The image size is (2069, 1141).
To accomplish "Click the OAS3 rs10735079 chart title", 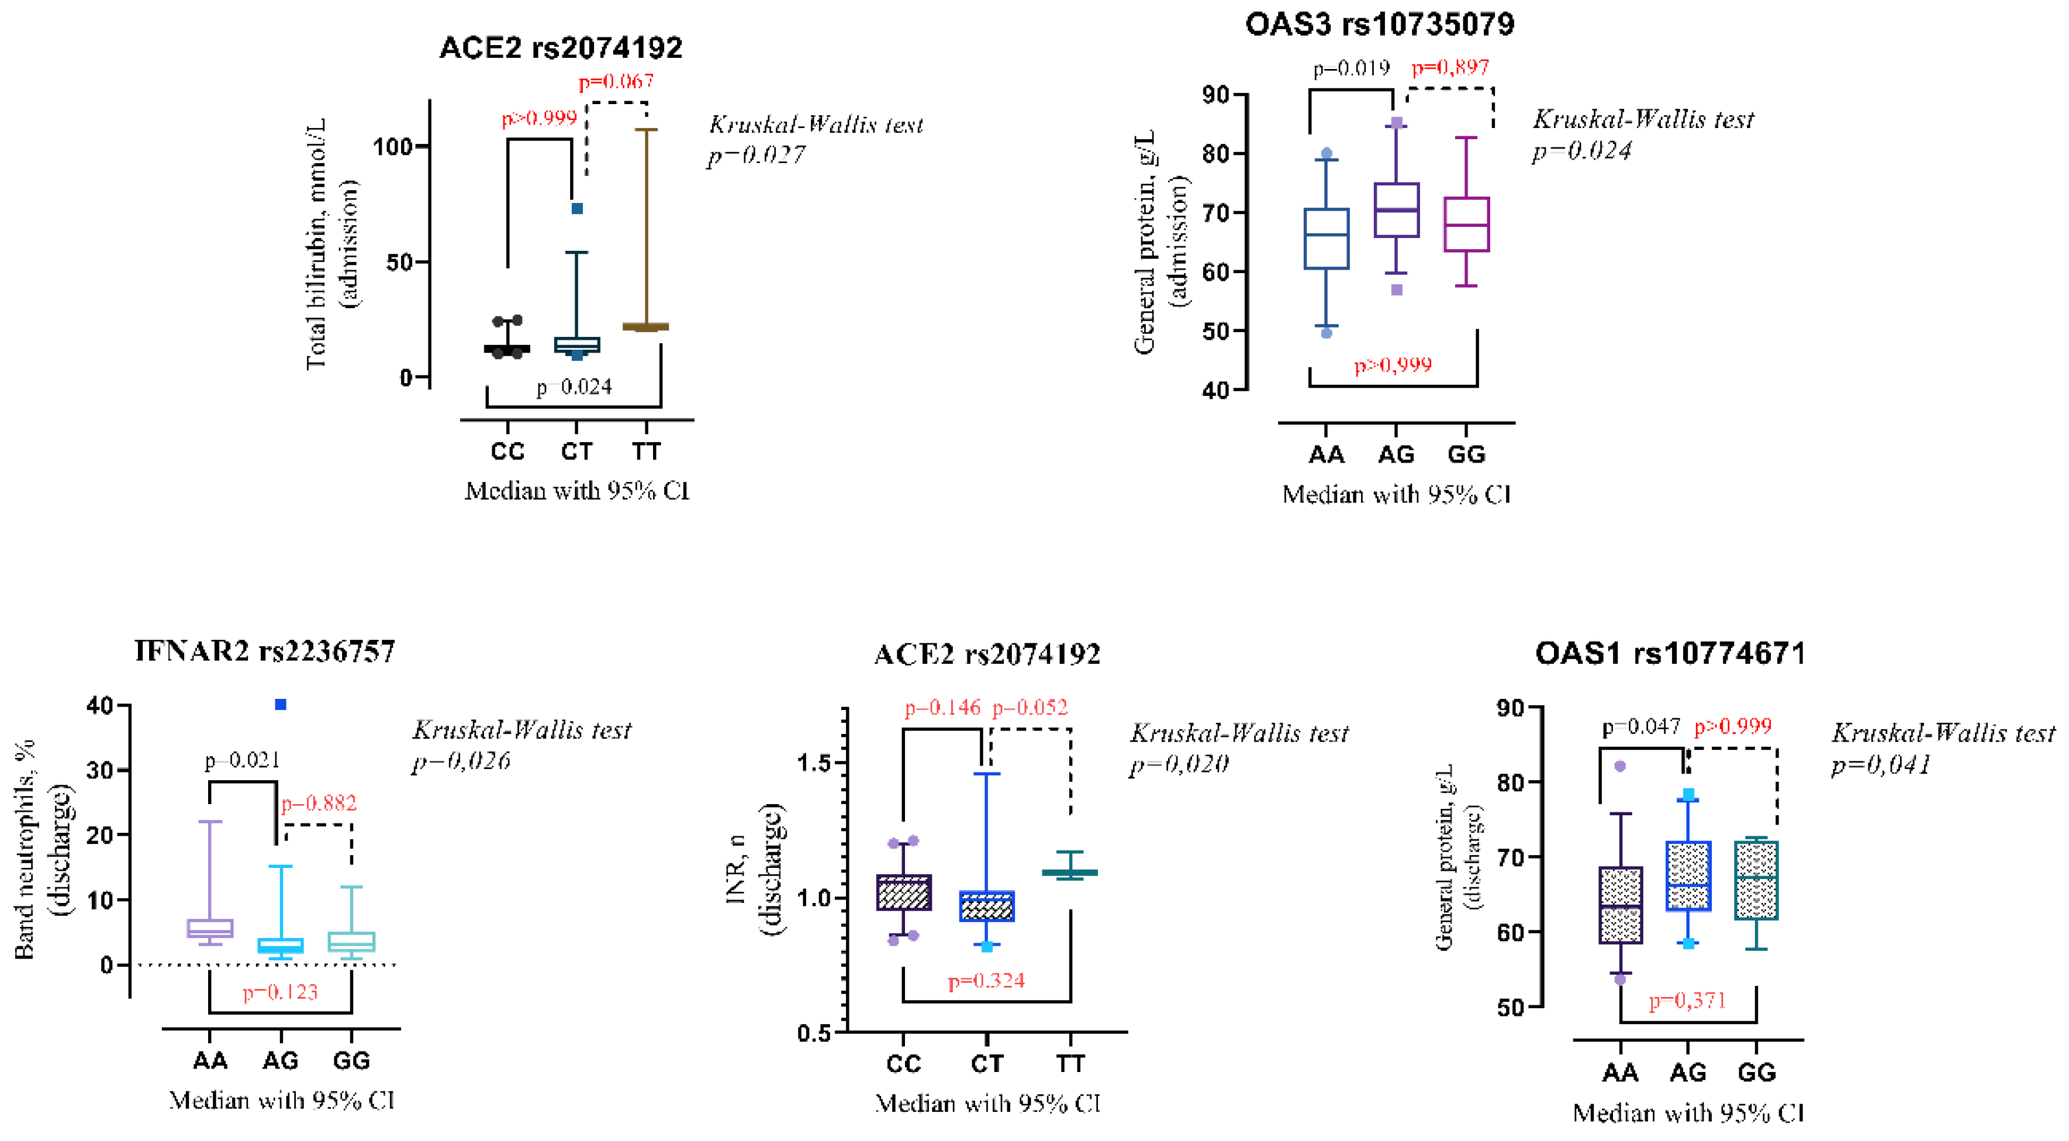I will click(x=1379, y=24).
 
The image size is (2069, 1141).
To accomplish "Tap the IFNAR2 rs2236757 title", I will click(x=264, y=651).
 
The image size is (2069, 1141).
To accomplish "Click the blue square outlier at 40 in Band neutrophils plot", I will click(x=280, y=705).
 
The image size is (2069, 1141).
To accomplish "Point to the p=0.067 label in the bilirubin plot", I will click(x=616, y=81).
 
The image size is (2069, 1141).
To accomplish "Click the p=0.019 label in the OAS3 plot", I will click(x=1351, y=68).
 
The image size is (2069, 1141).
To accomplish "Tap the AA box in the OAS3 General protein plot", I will click(x=1326, y=239).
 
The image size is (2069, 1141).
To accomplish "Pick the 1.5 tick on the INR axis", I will click(x=814, y=763).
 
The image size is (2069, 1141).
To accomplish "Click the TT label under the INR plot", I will click(x=1070, y=1063).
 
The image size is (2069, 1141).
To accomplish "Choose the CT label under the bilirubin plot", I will click(x=576, y=451).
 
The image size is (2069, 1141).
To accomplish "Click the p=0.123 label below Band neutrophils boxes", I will click(x=280, y=992).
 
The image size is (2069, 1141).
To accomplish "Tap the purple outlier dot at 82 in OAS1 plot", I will click(x=1620, y=767).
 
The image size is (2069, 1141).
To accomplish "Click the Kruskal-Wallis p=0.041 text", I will click(x=1880, y=764).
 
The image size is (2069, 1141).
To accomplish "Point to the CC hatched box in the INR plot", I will click(x=904, y=892).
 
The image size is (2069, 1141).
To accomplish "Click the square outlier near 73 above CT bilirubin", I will click(x=576, y=209).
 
